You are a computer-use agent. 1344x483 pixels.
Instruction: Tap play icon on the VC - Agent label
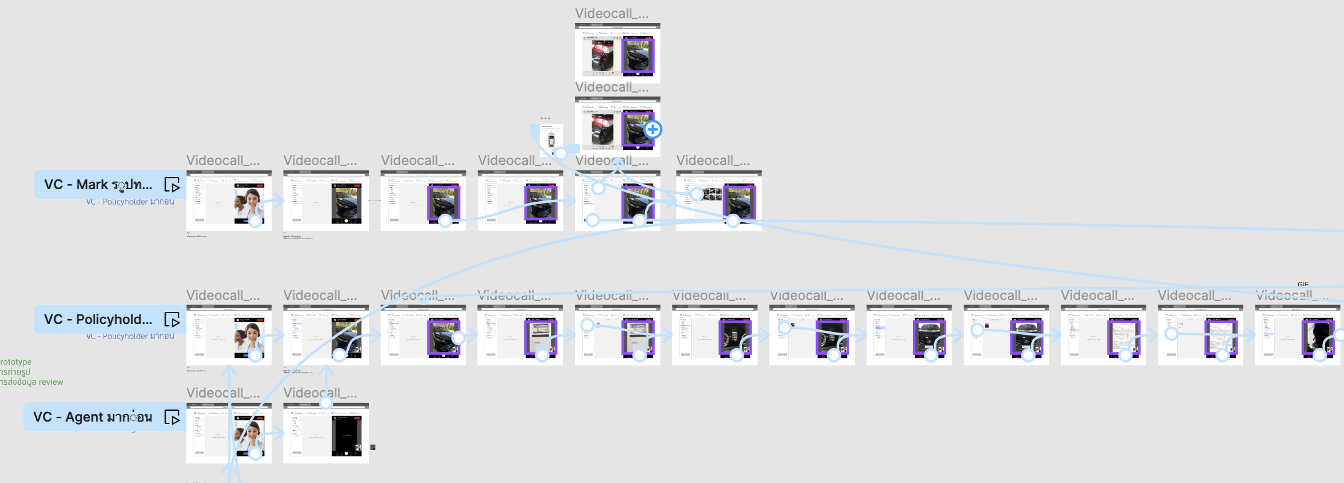click(172, 417)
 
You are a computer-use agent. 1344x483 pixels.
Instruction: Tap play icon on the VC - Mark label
click(172, 185)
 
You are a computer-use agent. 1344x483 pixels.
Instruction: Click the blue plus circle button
click(653, 129)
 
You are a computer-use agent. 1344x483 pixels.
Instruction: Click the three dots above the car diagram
click(545, 119)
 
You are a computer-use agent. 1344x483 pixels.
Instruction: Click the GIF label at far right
click(1303, 284)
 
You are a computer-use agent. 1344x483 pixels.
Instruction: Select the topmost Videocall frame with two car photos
click(617, 53)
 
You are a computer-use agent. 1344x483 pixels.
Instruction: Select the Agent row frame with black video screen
click(325, 433)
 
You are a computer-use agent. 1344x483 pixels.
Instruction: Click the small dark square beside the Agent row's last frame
click(372, 447)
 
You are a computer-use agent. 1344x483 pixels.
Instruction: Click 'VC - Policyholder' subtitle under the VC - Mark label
click(130, 202)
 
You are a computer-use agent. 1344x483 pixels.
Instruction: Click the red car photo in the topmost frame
click(601, 55)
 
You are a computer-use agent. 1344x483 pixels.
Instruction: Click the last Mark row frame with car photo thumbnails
click(718, 201)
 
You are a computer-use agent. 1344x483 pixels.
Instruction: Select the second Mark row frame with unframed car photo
click(325, 201)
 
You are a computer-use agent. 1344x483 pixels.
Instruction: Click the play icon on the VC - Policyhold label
click(172, 320)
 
